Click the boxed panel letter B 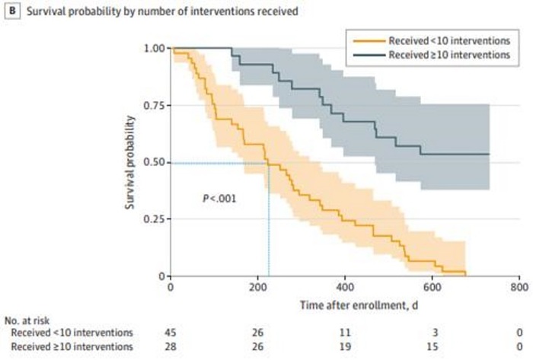pyautogui.click(x=8, y=11)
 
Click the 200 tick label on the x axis pyautogui.click(x=257, y=288)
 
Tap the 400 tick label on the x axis pyautogui.click(x=345, y=288)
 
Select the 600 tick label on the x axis pyautogui.click(x=432, y=288)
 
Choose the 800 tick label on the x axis pyautogui.click(x=519, y=288)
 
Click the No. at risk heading pyautogui.click(x=27, y=320)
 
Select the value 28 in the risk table pyautogui.click(x=171, y=347)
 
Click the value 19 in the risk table pyautogui.click(x=345, y=347)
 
